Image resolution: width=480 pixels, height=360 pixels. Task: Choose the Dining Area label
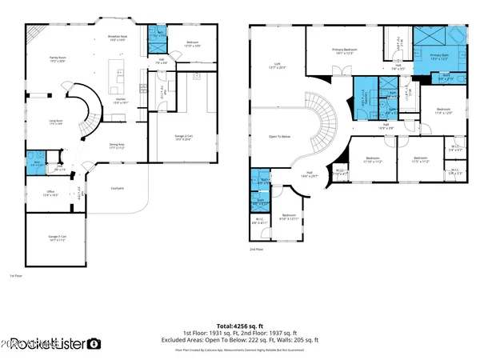tap(118, 146)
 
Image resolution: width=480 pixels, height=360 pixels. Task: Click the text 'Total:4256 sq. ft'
tap(241, 326)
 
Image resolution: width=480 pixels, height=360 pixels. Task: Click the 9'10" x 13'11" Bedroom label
tap(289, 217)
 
